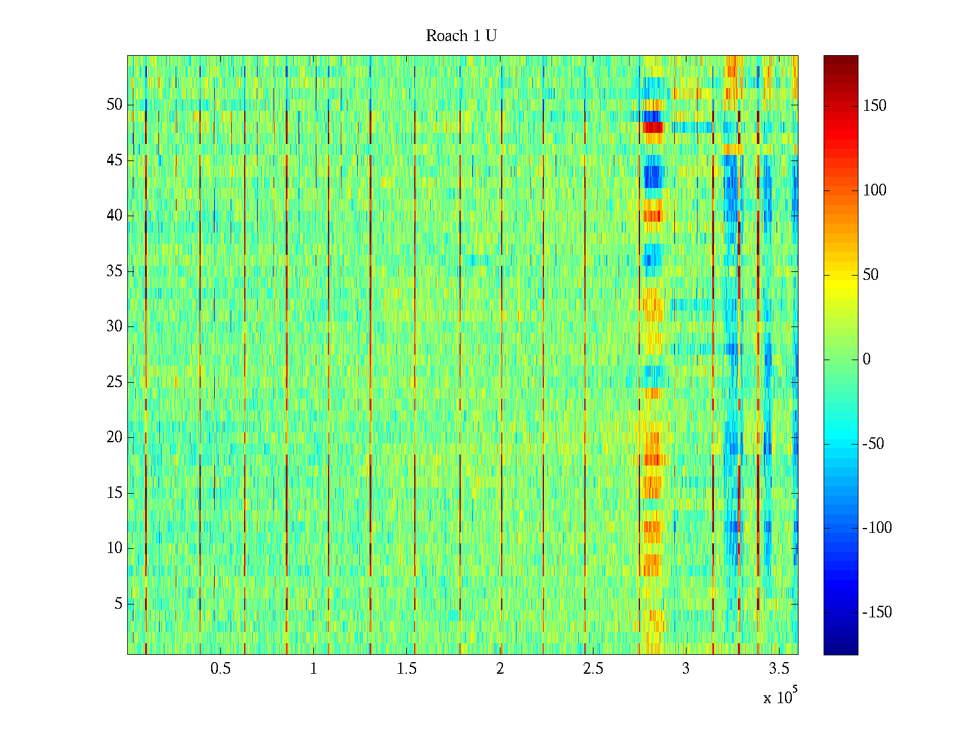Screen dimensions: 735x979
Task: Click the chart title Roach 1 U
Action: pyautogui.click(x=461, y=36)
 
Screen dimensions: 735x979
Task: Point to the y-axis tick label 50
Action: pyautogui.click(x=114, y=105)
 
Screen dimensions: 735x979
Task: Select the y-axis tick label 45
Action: pyautogui.click(x=114, y=160)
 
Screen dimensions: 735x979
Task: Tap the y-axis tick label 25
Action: pyautogui.click(x=114, y=382)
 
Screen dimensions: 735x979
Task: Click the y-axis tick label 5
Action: pyautogui.click(x=118, y=604)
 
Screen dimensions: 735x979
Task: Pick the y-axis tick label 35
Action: pyautogui.click(x=114, y=271)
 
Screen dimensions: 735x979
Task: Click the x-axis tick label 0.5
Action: pyautogui.click(x=220, y=669)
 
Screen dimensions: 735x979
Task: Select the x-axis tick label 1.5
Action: pyautogui.click(x=406, y=669)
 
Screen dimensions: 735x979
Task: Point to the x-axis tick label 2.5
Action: pyautogui.click(x=593, y=669)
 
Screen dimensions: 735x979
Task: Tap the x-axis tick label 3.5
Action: pyautogui.click(x=779, y=669)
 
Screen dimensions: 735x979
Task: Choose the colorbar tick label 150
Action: pyautogui.click(x=874, y=106)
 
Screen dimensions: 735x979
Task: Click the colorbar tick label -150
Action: pyautogui.click(x=877, y=612)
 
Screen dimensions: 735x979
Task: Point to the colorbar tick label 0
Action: pyautogui.click(x=866, y=360)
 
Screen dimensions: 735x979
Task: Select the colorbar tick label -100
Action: pyautogui.click(x=877, y=528)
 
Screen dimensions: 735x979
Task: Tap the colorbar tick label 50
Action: pyautogui.click(x=871, y=275)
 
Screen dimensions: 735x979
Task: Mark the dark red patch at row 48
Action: pyautogui.click(x=652, y=127)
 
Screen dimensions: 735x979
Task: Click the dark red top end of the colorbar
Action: pyautogui.click(x=841, y=59)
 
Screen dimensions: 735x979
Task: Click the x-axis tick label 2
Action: pyautogui.click(x=500, y=669)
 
